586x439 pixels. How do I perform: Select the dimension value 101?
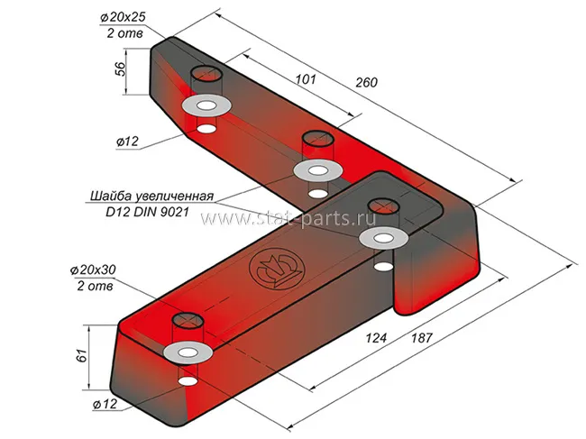(x=307, y=80)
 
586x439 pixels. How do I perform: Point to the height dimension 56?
(x=120, y=71)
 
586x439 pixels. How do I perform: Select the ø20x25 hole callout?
(x=123, y=17)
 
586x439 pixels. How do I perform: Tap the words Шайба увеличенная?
(x=151, y=196)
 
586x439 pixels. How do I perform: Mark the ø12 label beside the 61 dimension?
(x=105, y=405)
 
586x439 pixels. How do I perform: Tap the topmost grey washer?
(x=206, y=105)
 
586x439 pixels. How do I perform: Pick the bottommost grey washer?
(x=188, y=352)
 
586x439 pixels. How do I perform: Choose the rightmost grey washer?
(x=383, y=238)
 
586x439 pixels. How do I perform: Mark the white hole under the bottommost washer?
(x=187, y=381)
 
